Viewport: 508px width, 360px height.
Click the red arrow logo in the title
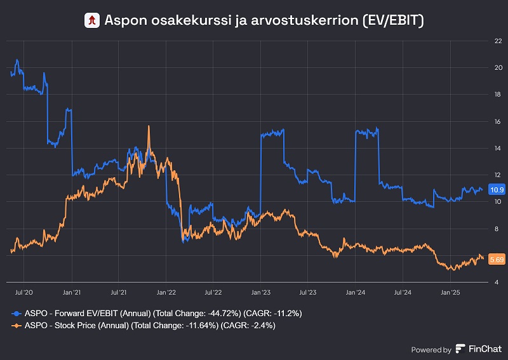[x=93, y=20]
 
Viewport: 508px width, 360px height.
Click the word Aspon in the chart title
[x=123, y=20]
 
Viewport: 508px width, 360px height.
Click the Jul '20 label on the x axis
[x=23, y=293]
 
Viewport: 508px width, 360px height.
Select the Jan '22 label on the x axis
[x=166, y=293]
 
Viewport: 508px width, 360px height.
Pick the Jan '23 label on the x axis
[x=261, y=293]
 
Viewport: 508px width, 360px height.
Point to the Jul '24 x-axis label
[x=403, y=293]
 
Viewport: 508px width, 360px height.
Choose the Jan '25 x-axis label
[x=450, y=293]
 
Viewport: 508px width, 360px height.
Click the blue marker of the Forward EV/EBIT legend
[x=17, y=314]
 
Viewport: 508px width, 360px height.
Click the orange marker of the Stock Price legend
[x=17, y=325]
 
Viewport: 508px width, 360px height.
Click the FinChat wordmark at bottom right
[x=485, y=349]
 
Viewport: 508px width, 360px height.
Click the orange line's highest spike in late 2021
[x=149, y=126]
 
